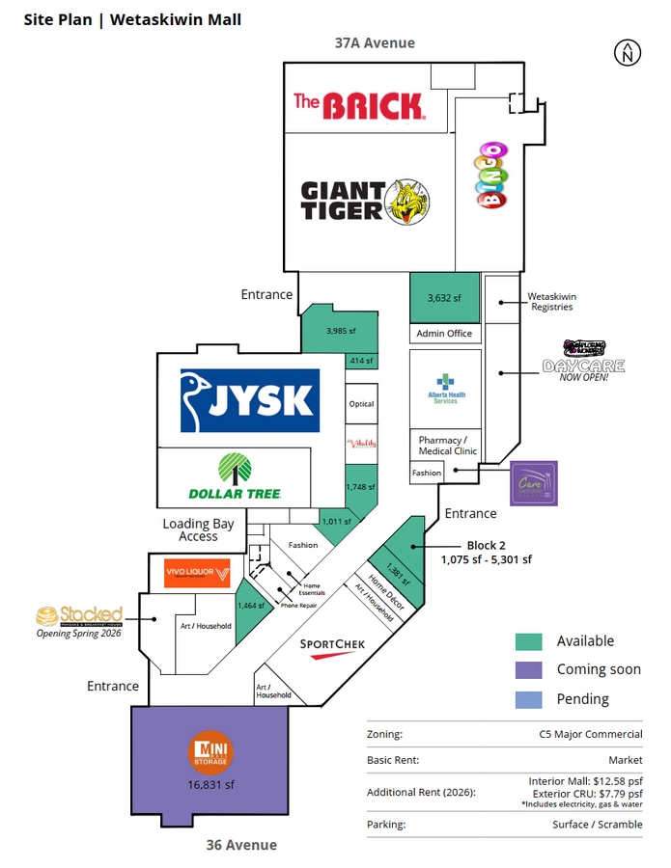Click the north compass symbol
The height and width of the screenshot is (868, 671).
click(x=628, y=54)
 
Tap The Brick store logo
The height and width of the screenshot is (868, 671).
click(x=359, y=104)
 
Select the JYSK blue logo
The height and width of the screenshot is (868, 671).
click(x=250, y=400)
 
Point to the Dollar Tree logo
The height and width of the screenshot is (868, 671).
click(x=235, y=476)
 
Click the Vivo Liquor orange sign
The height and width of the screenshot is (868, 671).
click(x=197, y=573)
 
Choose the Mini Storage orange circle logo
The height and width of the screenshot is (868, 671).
click(x=210, y=751)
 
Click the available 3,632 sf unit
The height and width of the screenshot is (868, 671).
click(x=445, y=297)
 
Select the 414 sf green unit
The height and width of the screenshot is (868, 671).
click(x=360, y=361)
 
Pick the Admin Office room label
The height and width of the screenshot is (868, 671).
click(x=445, y=334)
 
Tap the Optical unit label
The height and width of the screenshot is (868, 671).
click(x=361, y=404)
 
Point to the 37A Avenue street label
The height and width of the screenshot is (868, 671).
click(x=375, y=42)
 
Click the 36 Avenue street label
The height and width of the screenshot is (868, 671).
click(x=241, y=845)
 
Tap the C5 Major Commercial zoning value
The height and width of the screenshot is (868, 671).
click(x=591, y=735)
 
